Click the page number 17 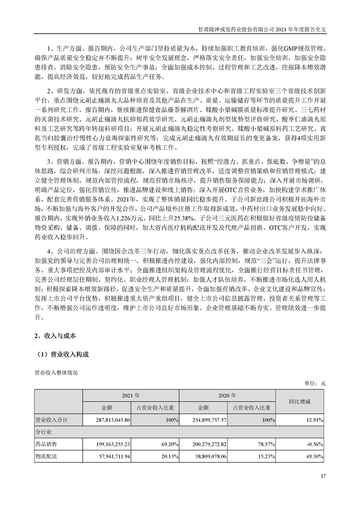(323, 476)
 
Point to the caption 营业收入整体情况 (56, 372)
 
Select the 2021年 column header (131, 395)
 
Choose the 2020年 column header (228, 395)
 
